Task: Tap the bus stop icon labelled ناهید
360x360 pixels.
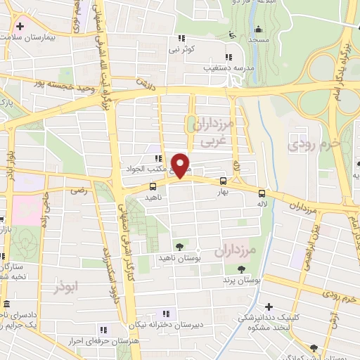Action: point(153,186)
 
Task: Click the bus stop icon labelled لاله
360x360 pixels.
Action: point(262,193)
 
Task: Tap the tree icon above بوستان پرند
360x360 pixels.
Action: point(241,269)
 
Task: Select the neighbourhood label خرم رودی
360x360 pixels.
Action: point(314,144)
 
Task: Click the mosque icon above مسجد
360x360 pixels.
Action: point(259,29)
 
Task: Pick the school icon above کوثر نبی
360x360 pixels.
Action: point(182,38)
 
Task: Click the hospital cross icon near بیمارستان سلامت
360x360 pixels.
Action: point(20,27)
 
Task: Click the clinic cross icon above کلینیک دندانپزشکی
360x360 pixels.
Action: point(269,307)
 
